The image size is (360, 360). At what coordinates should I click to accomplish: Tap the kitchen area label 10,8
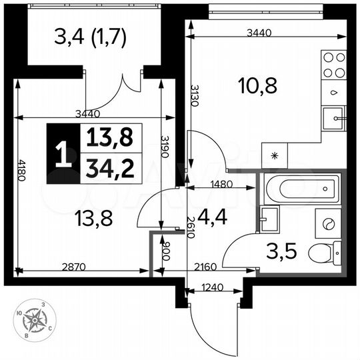[x=257, y=85]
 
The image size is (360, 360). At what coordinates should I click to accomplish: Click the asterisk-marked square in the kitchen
[x=274, y=155]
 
